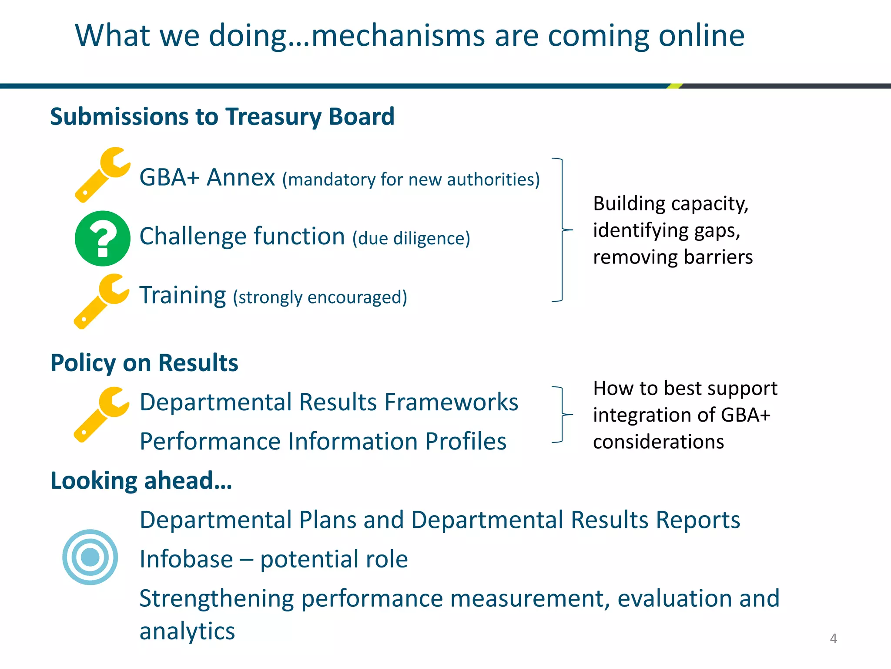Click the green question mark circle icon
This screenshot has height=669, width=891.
point(103,238)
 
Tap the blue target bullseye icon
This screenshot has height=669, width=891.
point(90,557)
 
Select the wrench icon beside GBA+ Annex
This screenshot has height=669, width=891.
point(102,175)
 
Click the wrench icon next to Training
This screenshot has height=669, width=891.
point(101,301)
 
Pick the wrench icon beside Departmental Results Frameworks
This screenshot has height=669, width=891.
point(101,415)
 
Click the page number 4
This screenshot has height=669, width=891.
point(833,639)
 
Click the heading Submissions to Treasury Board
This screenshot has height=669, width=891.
point(222,117)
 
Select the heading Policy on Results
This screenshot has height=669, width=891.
point(144,363)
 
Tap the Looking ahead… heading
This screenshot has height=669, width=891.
point(141,481)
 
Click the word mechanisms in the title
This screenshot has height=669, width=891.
point(398,36)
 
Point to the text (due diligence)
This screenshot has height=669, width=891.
point(411,239)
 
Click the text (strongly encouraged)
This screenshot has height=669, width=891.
point(320,297)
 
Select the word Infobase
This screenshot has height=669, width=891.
point(186,559)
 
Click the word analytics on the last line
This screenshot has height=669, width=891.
point(187,631)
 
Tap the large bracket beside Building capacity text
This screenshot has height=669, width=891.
point(562,230)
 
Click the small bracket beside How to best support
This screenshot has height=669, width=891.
point(562,415)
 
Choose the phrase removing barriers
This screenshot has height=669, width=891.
point(673,257)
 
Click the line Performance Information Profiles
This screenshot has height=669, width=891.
point(323,442)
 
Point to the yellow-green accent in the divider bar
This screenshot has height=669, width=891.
point(674,86)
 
